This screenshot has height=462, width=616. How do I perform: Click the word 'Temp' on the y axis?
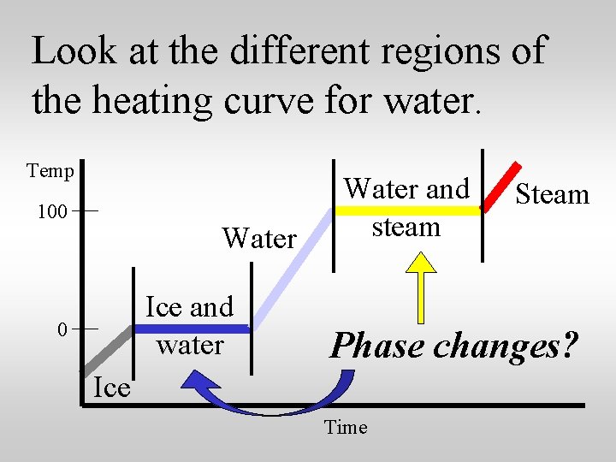tap(50, 171)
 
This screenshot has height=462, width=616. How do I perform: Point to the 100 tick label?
tap(53, 211)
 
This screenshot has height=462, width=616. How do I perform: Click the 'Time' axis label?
tap(346, 427)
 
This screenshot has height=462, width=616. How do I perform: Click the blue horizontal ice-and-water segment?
tap(192, 329)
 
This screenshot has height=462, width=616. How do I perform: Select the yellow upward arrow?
tap(422, 282)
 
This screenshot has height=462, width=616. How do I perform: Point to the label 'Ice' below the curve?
tap(111, 388)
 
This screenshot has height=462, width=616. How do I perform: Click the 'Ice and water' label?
tap(190, 325)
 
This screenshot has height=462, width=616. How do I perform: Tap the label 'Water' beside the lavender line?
tap(259, 238)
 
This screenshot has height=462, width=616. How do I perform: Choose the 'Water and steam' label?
tap(406, 207)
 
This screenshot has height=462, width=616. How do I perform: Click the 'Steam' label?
tap(552, 194)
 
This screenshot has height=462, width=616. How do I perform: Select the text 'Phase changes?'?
tap(454, 346)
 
